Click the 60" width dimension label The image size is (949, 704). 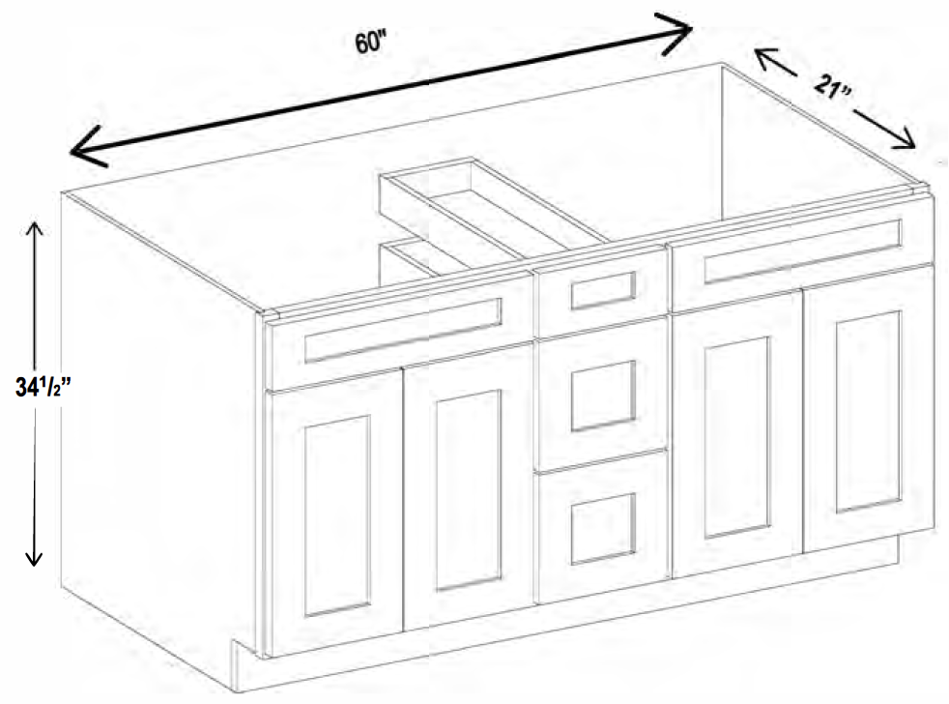point(370,43)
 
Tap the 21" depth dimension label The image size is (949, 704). point(833,88)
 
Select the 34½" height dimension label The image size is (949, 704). point(43,387)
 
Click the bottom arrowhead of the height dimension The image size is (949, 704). point(34,557)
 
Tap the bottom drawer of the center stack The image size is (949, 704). point(603,527)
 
